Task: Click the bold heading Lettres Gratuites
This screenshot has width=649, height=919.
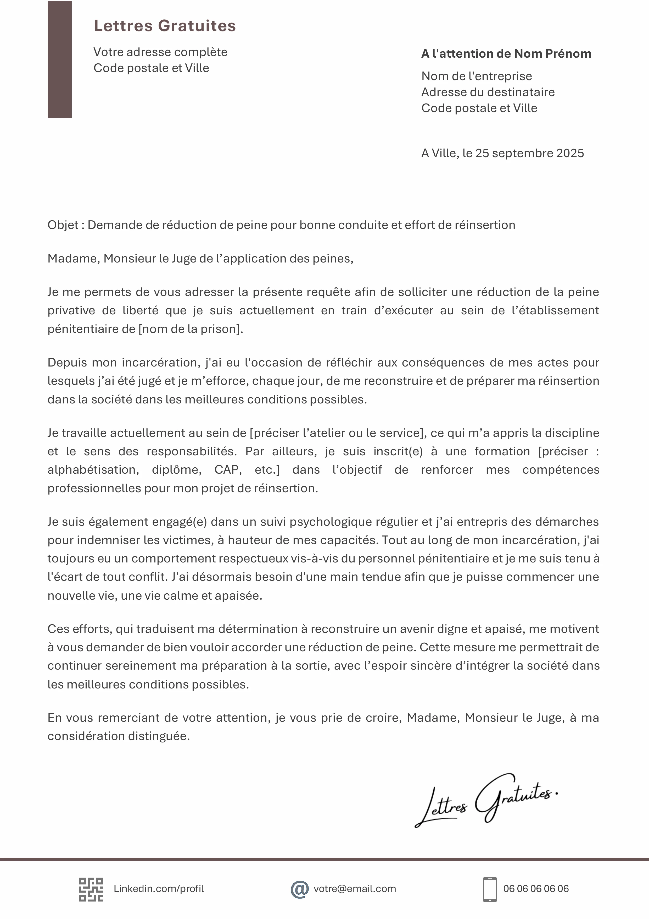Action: [165, 26]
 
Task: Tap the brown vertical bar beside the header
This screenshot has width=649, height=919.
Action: [60, 59]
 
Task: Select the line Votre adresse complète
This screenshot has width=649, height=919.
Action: [160, 52]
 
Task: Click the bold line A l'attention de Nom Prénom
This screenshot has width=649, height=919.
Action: [506, 54]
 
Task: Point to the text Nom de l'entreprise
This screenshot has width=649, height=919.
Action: [476, 76]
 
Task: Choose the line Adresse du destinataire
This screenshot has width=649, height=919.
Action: [488, 92]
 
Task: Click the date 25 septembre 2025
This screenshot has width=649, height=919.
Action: [529, 153]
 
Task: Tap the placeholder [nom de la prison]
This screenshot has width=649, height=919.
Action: [190, 329]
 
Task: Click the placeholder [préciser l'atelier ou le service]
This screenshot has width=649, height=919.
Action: [336, 433]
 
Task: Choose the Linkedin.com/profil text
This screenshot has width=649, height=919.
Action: [159, 889]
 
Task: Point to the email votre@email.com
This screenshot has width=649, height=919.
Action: [355, 889]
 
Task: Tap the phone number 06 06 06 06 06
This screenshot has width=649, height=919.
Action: [536, 889]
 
